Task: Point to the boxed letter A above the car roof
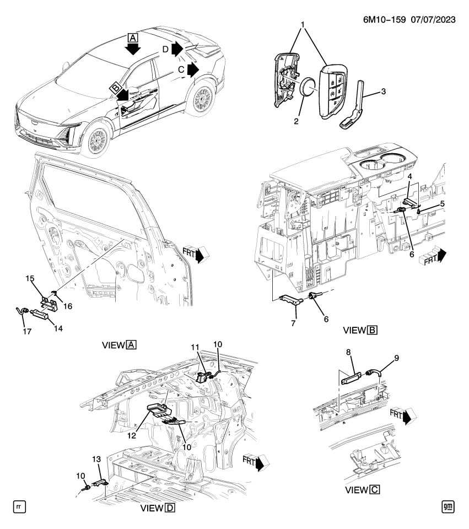pyautogui.click(x=132, y=37)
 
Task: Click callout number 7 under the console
pyautogui.click(x=294, y=323)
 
